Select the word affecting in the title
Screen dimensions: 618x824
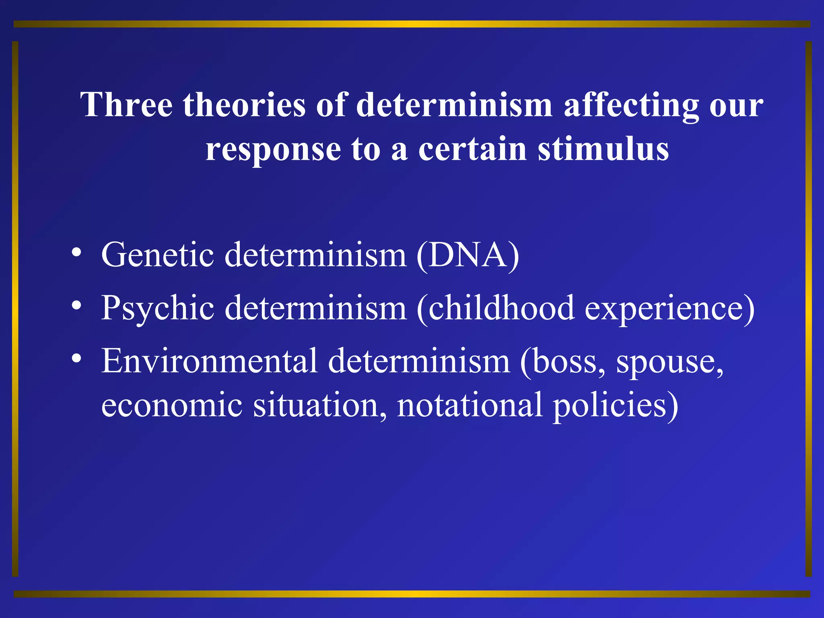point(631,105)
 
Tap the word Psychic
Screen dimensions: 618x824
point(157,309)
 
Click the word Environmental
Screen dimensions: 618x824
point(209,361)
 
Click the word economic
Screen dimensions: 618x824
point(171,405)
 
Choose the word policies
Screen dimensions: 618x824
point(615,406)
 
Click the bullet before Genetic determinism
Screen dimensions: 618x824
point(76,253)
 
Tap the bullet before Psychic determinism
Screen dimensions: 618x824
point(76,306)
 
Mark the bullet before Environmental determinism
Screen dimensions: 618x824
point(76,358)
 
